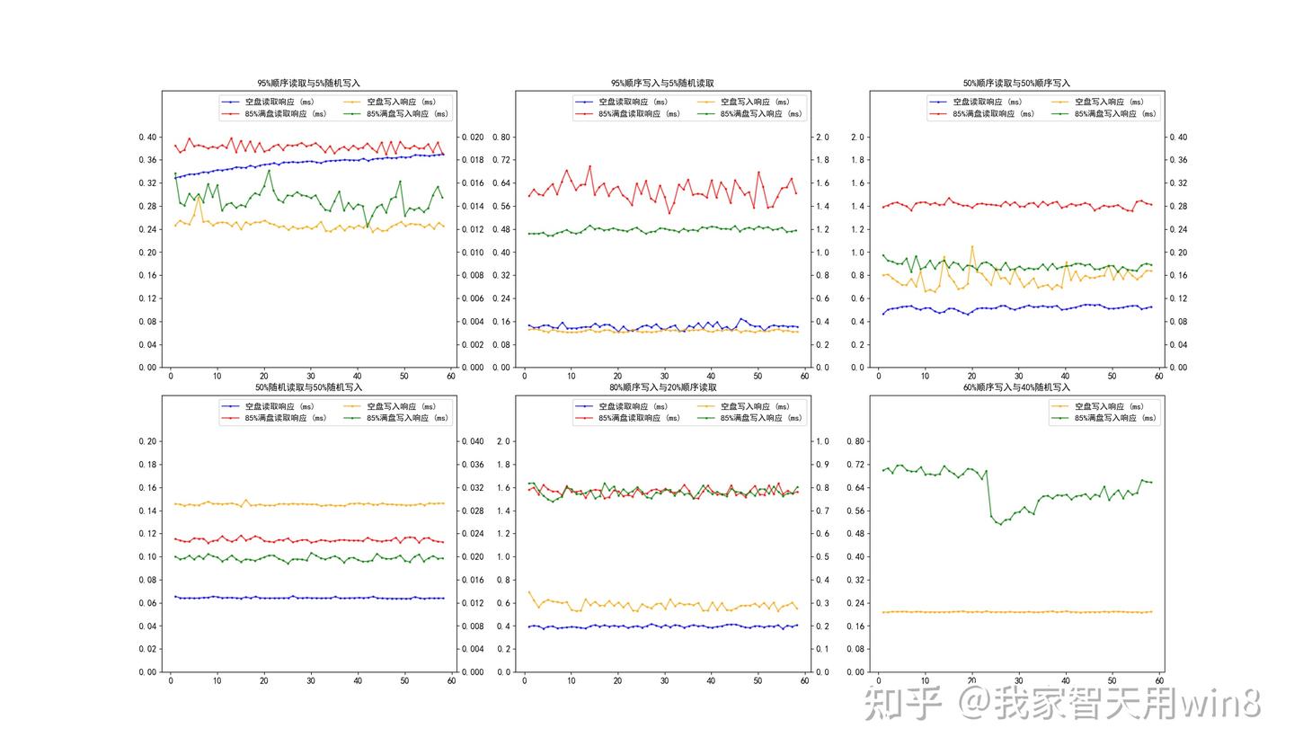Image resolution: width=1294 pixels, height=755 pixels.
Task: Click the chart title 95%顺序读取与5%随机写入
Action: tap(308, 83)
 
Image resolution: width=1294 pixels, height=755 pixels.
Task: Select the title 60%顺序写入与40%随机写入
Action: tap(1016, 387)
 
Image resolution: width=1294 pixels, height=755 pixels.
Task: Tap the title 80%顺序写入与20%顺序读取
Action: tap(662, 387)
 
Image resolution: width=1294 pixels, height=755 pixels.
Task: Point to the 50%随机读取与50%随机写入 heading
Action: tap(308, 387)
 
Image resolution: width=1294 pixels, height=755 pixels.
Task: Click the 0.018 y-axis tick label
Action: tap(472, 160)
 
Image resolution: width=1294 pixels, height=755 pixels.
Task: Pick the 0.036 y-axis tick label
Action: tap(472, 465)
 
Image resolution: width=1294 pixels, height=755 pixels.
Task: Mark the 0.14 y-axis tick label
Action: tap(146, 511)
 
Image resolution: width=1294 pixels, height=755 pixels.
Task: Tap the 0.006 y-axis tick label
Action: tap(472, 298)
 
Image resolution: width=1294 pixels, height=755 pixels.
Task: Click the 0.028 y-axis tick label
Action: tap(472, 511)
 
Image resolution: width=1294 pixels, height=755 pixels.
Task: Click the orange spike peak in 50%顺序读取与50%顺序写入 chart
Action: tap(971, 246)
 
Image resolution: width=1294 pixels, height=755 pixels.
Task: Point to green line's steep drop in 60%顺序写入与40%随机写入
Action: tap(989, 494)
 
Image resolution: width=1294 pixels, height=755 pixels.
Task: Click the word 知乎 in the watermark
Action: tap(902, 704)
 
